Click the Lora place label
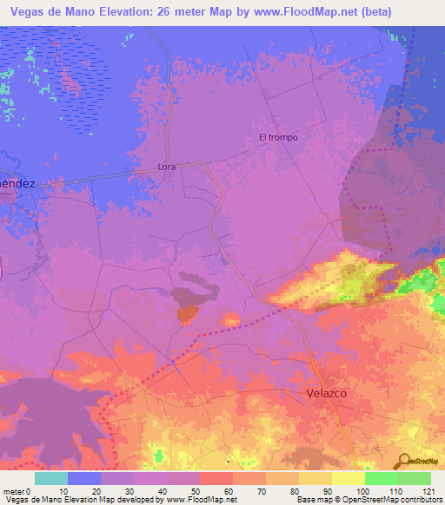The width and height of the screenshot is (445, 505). click(x=167, y=166)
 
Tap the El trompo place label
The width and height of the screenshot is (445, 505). click(x=278, y=137)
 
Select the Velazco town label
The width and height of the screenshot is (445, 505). click(x=327, y=393)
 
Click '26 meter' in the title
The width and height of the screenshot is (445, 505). click(x=174, y=12)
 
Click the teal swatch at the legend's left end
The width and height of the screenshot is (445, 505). click(x=51, y=478)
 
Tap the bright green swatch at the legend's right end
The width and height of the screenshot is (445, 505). click(x=415, y=478)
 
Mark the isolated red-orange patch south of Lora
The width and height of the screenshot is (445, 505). click(x=187, y=315)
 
